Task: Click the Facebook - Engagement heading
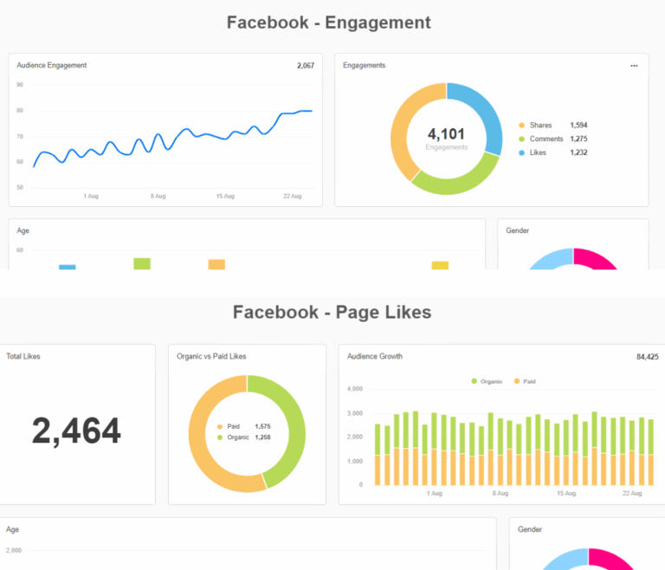coord(328,23)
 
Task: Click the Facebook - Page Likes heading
coord(332,312)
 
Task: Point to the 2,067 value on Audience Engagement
coord(305,65)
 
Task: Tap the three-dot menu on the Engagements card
coord(634,65)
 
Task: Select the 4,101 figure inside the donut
coord(446,134)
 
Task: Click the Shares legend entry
coord(540,126)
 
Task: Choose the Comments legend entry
coord(546,139)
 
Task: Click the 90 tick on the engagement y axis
coord(20,85)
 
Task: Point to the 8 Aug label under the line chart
coord(158,197)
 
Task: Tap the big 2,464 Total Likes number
coord(76,431)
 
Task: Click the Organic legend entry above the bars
coord(490,381)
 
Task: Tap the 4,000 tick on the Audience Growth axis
coord(354,388)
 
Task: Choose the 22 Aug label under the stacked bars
coord(631,493)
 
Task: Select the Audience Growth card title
coord(375,356)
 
